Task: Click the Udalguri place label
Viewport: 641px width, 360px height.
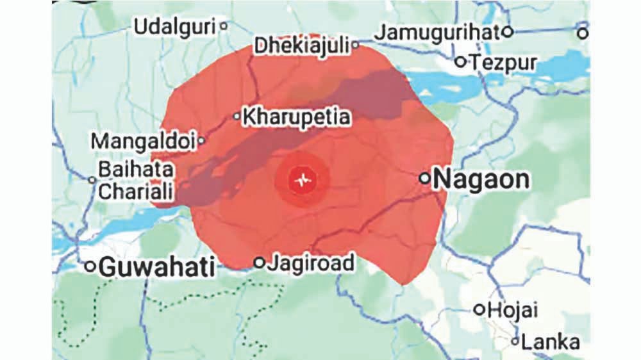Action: (x=174, y=28)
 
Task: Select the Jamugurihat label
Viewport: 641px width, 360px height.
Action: (x=436, y=32)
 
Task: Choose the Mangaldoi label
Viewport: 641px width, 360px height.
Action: (x=142, y=141)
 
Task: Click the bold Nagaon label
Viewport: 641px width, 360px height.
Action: (x=481, y=179)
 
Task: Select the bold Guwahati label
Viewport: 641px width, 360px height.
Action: (x=157, y=266)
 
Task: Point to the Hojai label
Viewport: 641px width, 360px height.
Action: (x=513, y=310)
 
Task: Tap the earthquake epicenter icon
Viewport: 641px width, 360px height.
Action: (x=302, y=180)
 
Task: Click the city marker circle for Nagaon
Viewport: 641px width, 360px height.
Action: (x=424, y=178)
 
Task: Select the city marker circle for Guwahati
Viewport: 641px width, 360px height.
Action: (x=90, y=266)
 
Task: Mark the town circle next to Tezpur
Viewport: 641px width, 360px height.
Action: (x=460, y=62)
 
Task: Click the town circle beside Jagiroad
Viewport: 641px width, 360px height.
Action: (x=259, y=263)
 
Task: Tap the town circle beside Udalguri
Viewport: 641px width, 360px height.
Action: (x=223, y=26)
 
